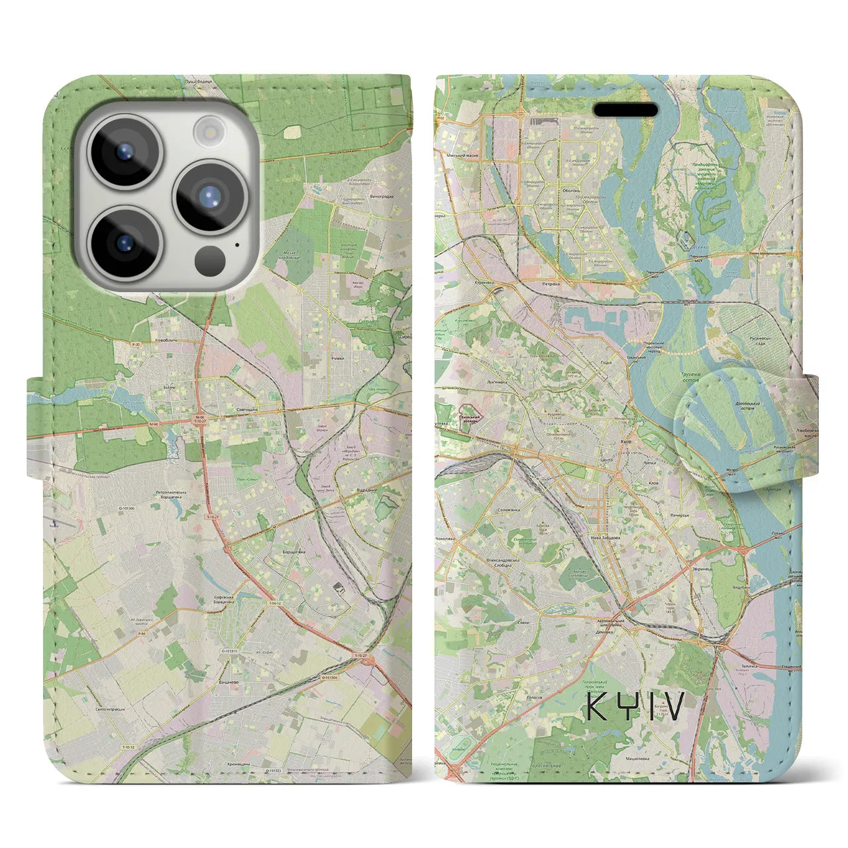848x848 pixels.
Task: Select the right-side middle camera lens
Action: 209,196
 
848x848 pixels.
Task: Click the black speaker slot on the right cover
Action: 625,109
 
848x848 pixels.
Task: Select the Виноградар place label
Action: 380,197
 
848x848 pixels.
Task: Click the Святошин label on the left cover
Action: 248,411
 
